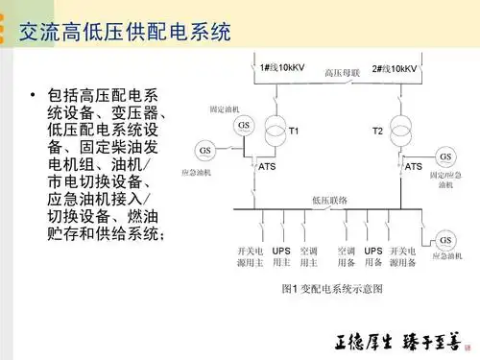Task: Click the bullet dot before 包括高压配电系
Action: (x=32, y=97)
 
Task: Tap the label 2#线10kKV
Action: (x=394, y=69)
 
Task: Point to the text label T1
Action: (x=295, y=130)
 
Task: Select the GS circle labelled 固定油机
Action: (x=245, y=126)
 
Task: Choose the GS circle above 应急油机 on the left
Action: (x=205, y=150)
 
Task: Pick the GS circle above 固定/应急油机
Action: (x=444, y=156)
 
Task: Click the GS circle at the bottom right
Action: (x=444, y=239)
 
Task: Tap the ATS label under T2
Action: (x=413, y=166)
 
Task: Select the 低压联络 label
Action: (x=330, y=201)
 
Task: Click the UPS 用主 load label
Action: (x=280, y=255)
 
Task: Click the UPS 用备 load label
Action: (x=372, y=255)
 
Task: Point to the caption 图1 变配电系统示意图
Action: (x=332, y=288)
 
